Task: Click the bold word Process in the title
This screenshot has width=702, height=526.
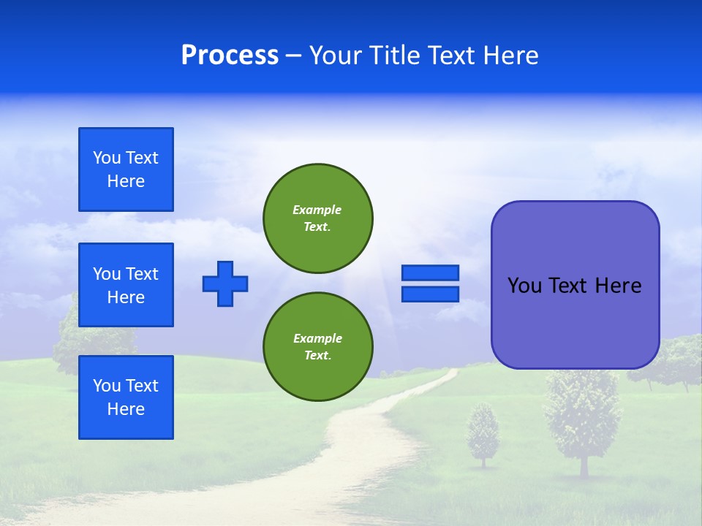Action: coord(230,56)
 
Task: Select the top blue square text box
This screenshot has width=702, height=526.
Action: coord(126,169)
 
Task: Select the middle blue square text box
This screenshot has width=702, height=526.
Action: coord(126,285)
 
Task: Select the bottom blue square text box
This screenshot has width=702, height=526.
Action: coord(126,397)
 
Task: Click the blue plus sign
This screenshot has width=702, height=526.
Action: coord(225,283)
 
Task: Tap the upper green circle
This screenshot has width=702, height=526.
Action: coord(318,218)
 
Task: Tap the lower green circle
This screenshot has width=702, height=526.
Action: coord(318,347)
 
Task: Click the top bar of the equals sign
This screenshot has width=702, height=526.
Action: coord(430,273)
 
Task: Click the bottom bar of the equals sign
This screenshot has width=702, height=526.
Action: coord(430,294)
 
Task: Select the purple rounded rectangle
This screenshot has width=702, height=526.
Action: coord(575,329)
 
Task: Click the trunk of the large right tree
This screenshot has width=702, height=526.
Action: coord(584,465)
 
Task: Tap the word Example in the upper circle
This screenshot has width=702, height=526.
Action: coord(317,210)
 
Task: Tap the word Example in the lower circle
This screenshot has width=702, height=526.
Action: coord(317,338)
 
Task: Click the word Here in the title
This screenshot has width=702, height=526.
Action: coord(510,56)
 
